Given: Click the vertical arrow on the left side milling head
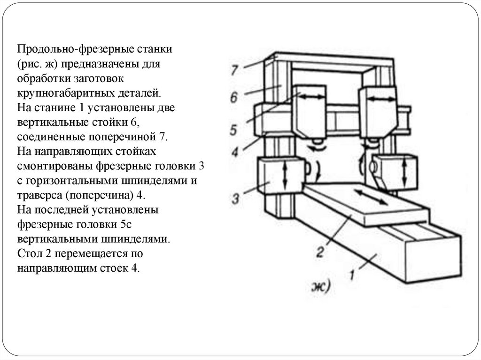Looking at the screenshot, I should coord(284,176).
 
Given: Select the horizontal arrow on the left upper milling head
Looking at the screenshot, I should coord(311,97).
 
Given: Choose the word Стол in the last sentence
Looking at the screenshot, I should coord(28,254).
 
